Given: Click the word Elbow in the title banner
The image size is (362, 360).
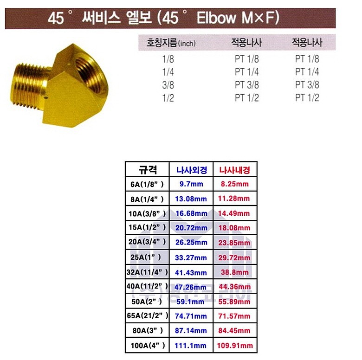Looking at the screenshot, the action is pos(216,18).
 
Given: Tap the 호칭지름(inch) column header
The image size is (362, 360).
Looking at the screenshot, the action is pos(171,43).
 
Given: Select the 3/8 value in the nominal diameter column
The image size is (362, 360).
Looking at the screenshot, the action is pos(168,85).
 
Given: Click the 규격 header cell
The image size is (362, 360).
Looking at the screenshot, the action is pos(147,170).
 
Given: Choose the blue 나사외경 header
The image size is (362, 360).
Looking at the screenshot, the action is pos(191,170).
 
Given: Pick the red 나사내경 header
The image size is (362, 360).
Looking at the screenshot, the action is pos(234,170).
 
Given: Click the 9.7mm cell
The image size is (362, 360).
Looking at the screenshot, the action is pos(191,184).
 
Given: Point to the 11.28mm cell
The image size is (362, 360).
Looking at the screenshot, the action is pos(234,199).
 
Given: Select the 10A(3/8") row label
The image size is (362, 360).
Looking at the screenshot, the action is pos(147,214).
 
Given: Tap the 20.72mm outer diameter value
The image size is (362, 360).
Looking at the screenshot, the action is pos(191,228).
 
